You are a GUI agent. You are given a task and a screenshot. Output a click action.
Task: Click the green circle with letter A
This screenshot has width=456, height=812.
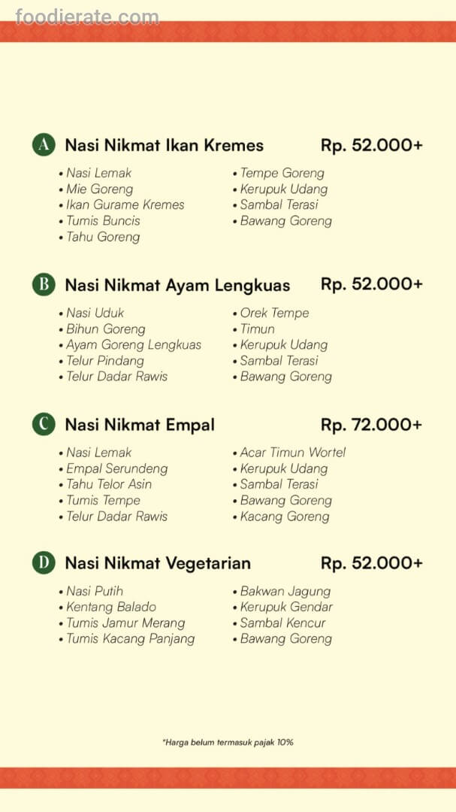44,145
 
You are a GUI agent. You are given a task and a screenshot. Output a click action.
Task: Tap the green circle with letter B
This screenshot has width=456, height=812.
44,285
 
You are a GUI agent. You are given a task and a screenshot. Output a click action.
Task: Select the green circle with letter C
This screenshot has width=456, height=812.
44,425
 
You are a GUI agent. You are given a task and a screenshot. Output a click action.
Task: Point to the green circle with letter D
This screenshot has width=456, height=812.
44,563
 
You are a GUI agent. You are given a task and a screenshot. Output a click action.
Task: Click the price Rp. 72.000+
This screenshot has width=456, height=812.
371,425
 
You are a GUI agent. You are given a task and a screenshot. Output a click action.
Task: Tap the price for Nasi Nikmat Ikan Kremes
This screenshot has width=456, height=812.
371,145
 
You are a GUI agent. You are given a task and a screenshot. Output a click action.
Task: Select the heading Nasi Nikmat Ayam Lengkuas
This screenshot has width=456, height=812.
177,286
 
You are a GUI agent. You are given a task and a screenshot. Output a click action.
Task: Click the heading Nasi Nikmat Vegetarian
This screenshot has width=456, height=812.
158,563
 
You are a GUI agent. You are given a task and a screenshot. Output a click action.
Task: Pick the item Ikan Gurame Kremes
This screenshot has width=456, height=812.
125,205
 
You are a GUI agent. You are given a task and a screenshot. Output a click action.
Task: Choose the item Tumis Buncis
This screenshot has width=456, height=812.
103,221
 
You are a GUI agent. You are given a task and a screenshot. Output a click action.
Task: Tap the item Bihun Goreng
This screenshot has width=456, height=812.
105,329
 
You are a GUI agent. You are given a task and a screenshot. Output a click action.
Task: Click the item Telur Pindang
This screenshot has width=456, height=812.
104,361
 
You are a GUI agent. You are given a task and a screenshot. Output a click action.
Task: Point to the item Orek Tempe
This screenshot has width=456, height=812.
274,314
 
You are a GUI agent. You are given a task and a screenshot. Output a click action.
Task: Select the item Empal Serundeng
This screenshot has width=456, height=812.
116,468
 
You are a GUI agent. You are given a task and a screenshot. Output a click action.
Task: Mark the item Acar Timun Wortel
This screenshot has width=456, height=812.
293,453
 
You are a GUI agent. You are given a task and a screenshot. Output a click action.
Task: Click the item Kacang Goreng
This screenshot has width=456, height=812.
285,517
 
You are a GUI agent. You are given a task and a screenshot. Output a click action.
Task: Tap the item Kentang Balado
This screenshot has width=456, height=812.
111,607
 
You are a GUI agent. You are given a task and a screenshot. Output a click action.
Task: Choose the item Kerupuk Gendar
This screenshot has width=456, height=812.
286,607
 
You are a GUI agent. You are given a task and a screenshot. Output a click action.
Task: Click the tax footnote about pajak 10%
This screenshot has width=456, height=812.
228,742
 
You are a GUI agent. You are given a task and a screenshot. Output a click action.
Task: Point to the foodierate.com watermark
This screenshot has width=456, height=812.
87,17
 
